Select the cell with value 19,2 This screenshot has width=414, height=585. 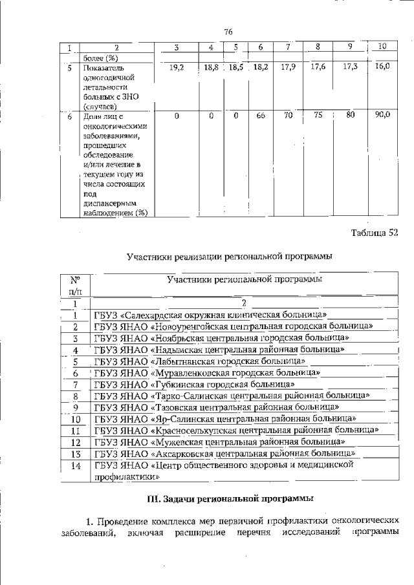point(177,67)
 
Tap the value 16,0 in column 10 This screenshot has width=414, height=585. point(382,66)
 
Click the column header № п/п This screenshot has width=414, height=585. point(74,286)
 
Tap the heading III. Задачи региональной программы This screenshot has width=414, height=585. point(230,498)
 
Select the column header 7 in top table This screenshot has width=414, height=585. point(287,47)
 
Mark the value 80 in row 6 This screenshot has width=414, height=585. point(350,116)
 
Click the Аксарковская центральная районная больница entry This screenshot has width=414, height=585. point(224,454)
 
